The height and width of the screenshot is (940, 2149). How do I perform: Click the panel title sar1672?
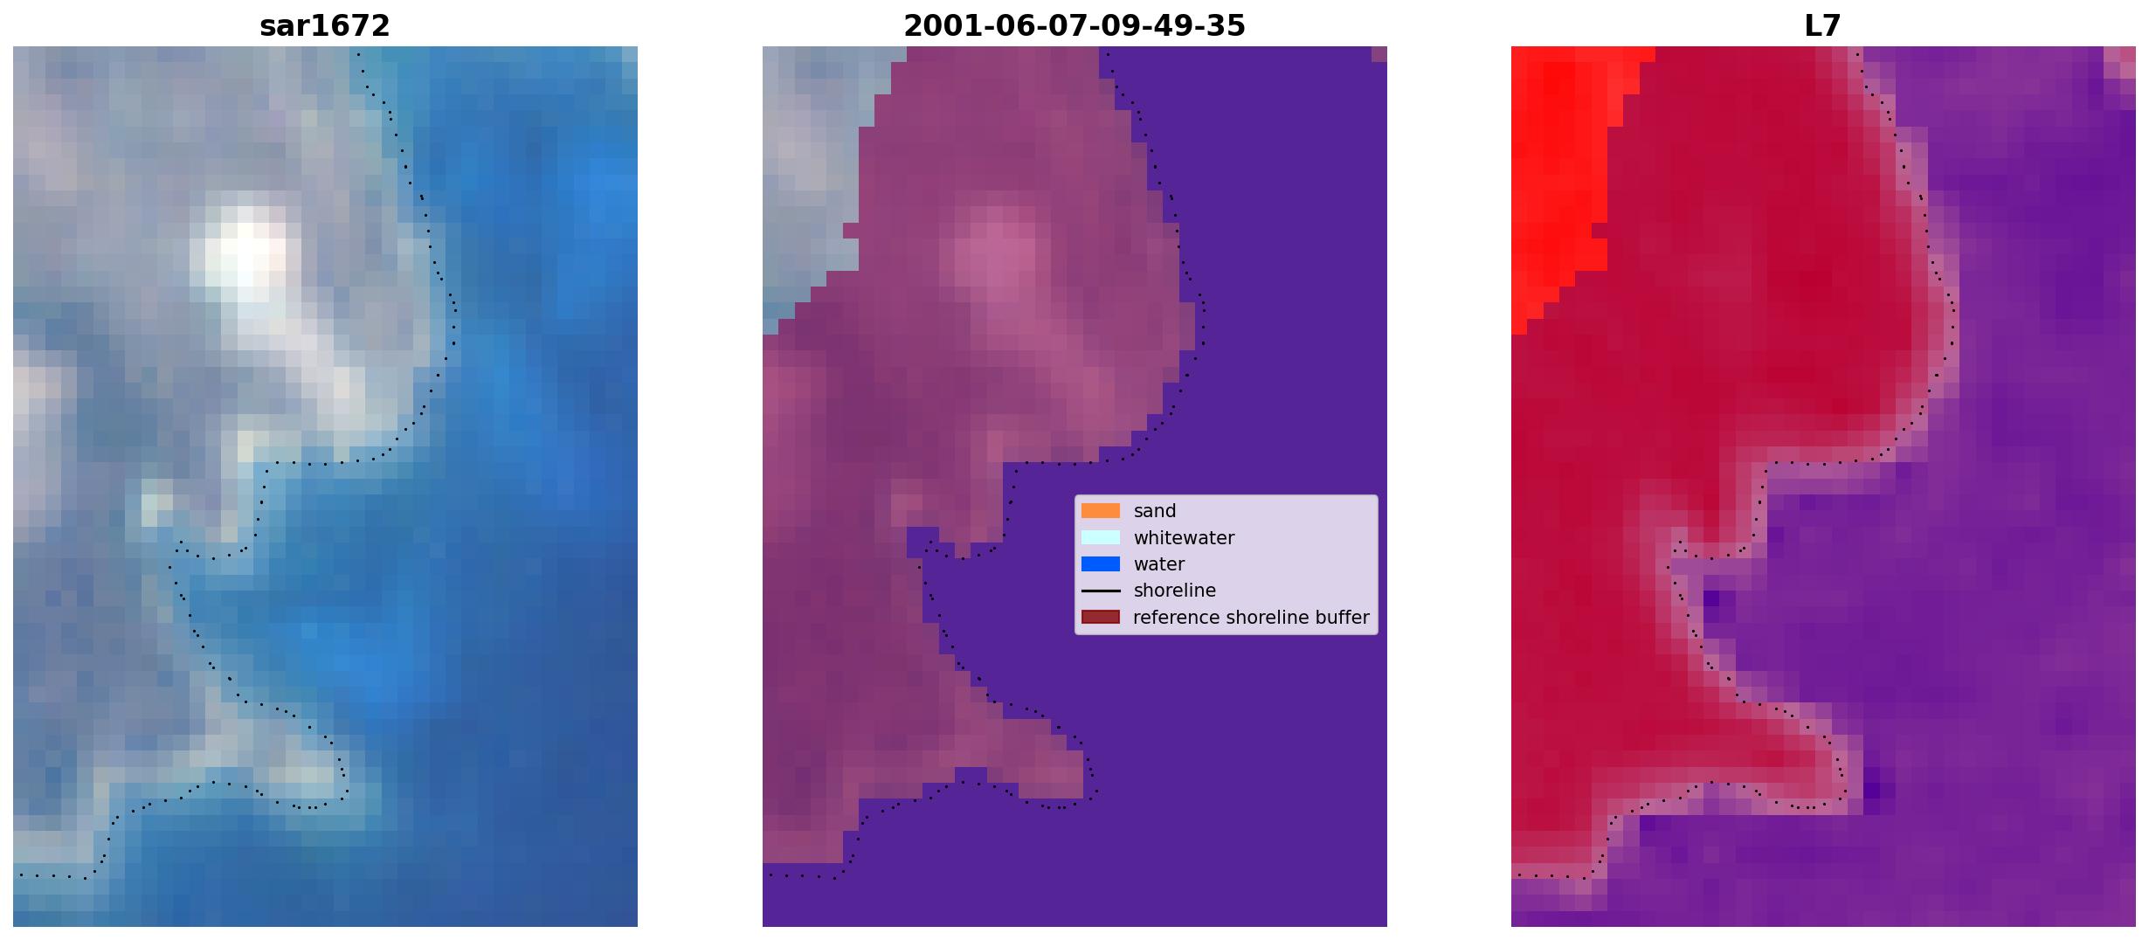click(x=325, y=26)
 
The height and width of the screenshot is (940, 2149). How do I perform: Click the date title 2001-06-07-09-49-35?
click(x=1074, y=26)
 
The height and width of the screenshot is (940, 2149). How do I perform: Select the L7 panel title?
click(x=1823, y=26)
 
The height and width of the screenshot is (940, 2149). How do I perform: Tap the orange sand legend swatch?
click(x=1101, y=511)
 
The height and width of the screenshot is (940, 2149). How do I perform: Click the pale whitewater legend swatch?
click(x=1101, y=537)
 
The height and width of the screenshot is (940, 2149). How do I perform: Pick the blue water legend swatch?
click(x=1101, y=564)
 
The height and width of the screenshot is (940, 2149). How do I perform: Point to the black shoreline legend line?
click(x=1101, y=591)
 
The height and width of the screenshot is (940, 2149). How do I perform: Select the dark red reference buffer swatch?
click(x=1101, y=618)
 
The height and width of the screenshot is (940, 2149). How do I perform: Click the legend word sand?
click(x=1155, y=511)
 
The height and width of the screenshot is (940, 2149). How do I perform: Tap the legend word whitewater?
click(x=1184, y=538)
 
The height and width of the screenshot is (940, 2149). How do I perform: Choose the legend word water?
click(x=1159, y=564)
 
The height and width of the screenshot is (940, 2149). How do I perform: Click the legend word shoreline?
click(x=1175, y=591)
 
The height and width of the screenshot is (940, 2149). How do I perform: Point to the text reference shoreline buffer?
click(x=1251, y=618)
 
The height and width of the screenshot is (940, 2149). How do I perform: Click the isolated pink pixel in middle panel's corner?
click(x=1379, y=54)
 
